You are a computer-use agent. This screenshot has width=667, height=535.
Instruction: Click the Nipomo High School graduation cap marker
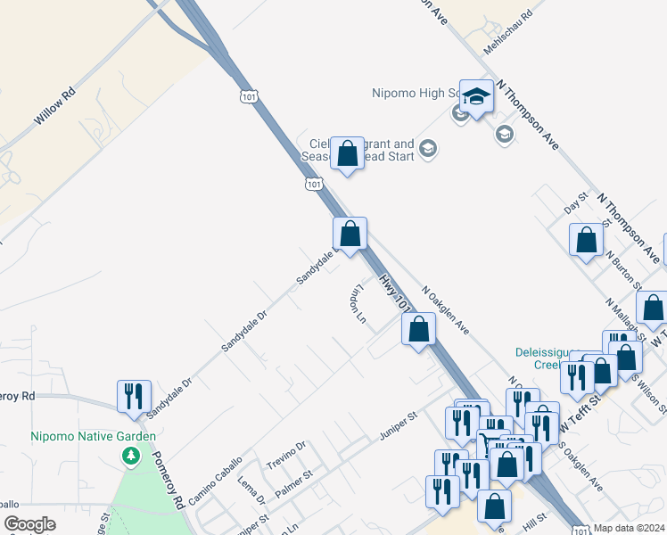coord(477,97)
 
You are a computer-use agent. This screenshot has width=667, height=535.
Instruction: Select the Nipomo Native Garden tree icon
coord(132,457)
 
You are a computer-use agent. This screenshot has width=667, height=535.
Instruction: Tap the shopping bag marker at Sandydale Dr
coord(350,234)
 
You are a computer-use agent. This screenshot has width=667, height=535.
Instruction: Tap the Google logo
coord(29,524)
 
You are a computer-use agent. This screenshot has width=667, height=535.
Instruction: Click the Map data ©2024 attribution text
coord(628,528)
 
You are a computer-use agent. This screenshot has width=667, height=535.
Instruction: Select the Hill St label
coord(534,518)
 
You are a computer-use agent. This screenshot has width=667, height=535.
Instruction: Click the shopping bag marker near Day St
coord(586,240)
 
